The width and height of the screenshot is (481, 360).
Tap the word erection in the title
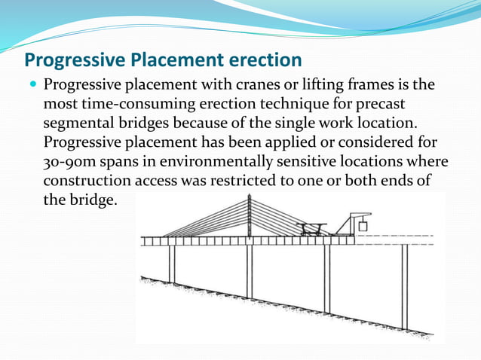point(262,59)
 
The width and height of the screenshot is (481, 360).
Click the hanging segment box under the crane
point(363,225)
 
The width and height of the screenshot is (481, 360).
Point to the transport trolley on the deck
point(311,227)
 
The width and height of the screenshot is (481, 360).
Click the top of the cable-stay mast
point(250,197)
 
